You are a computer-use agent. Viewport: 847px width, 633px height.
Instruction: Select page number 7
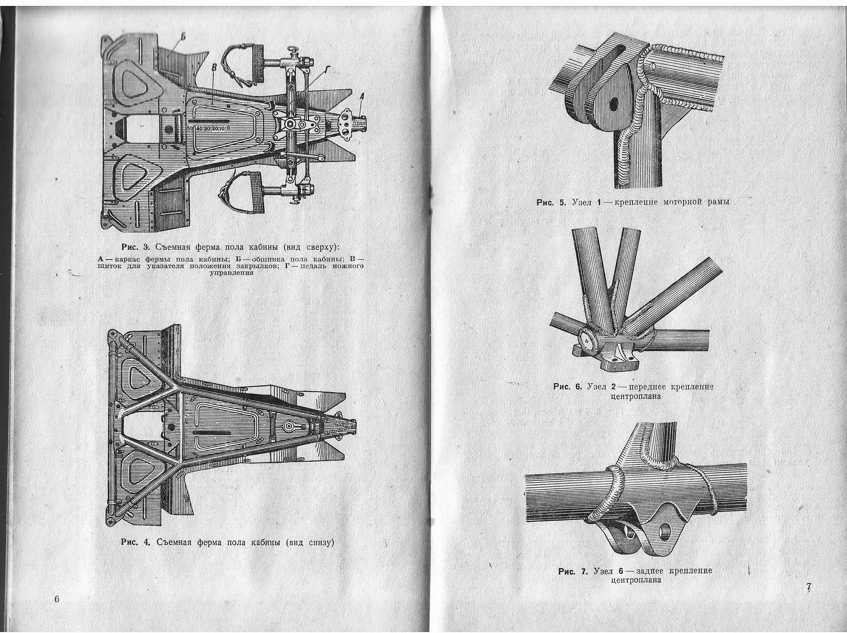(809, 588)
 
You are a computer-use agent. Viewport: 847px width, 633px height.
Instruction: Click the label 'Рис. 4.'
(135, 542)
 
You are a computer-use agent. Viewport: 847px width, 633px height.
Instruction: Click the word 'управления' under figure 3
(230, 272)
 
